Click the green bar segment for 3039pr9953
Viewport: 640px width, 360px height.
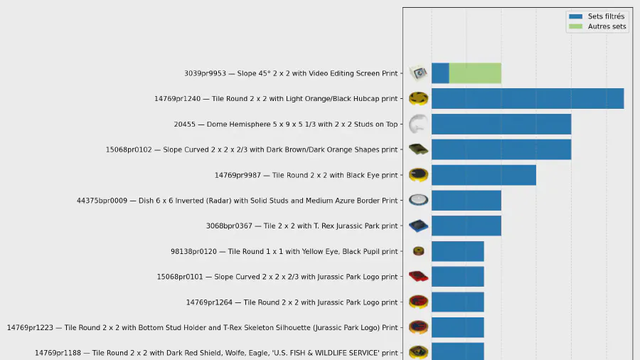(x=475, y=73)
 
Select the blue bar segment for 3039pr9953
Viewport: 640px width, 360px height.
(x=440, y=73)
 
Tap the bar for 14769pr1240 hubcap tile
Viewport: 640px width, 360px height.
(x=528, y=98)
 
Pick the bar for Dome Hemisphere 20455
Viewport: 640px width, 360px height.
(x=501, y=124)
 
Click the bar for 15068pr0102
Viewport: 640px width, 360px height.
(x=501, y=149)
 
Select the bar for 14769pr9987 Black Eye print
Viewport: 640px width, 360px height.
(x=484, y=175)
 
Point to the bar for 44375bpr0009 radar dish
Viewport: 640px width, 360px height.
(x=466, y=201)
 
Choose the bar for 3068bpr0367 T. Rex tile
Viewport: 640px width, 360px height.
(x=466, y=226)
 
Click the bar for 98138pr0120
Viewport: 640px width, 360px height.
(x=457, y=251)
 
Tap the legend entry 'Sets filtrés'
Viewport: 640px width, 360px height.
(x=606, y=16)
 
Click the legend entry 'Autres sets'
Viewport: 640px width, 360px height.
(x=607, y=27)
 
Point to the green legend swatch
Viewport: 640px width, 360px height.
(x=575, y=27)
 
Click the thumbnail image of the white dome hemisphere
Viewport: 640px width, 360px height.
(x=418, y=124)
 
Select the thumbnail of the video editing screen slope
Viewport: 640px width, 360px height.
(x=418, y=73)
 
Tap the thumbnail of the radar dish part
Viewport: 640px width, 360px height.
(x=418, y=200)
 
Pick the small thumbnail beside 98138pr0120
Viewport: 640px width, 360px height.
(x=418, y=251)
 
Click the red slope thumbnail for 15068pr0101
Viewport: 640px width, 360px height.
(x=418, y=276)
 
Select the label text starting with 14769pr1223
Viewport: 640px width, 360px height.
(x=203, y=328)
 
